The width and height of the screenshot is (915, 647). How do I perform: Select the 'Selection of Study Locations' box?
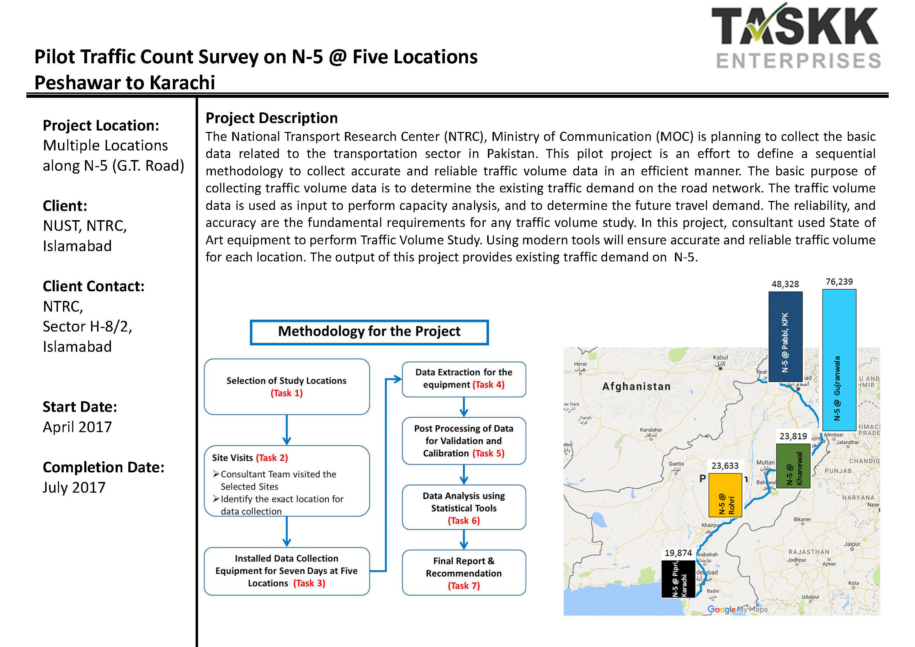click(x=287, y=386)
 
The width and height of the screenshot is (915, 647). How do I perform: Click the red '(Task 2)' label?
click(x=272, y=458)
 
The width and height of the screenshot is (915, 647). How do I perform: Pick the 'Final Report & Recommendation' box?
click(x=464, y=573)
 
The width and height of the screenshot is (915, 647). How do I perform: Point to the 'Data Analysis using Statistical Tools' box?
click(x=464, y=508)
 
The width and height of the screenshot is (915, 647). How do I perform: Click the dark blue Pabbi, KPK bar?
click(x=785, y=336)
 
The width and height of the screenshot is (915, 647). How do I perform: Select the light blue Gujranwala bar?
click(x=839, y=360)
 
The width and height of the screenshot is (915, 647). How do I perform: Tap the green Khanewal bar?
click(x=793, y=466)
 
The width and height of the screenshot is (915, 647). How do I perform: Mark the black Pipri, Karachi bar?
click(x=678, y=579)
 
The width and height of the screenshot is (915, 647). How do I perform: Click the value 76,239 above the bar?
click(x=839, y=282)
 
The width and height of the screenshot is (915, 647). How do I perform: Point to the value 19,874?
click(x=678, y=553)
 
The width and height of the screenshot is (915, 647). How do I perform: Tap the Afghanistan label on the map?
click(x=637, y=386)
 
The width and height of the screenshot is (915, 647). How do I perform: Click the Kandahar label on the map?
click(x=651, y=430)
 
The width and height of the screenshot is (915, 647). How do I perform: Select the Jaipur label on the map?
click(x=852, y=544)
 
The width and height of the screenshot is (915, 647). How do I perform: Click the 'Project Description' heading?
click(x=271, y=118)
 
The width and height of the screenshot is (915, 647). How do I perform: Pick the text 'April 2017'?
click(x=77, y=427)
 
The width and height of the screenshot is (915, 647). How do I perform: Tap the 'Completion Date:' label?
click(x=103, y=467)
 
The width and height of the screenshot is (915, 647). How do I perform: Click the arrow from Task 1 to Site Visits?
click(x=287, y=430)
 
